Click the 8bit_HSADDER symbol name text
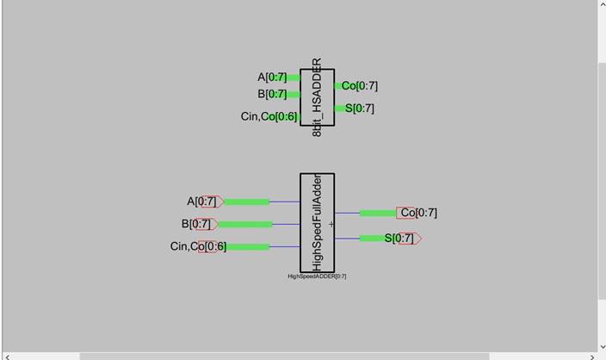(317, 97)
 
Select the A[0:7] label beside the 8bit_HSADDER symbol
(272, 78)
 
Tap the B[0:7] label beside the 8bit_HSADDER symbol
(272, 95)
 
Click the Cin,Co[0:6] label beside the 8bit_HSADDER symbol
(269, 116)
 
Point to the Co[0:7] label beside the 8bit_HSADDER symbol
(359, 86)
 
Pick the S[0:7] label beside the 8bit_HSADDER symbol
(359, 109)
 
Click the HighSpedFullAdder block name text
(317, 222)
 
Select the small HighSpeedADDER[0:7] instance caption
(317, 276)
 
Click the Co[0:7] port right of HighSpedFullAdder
(418, 213)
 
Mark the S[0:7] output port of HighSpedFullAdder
(403, 239)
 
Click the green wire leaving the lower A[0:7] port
(246, 202)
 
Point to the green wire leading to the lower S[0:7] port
(372, 239)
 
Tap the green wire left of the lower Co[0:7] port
(377, 213)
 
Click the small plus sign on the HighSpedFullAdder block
(331, 224)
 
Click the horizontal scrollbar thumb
(284, 356)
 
